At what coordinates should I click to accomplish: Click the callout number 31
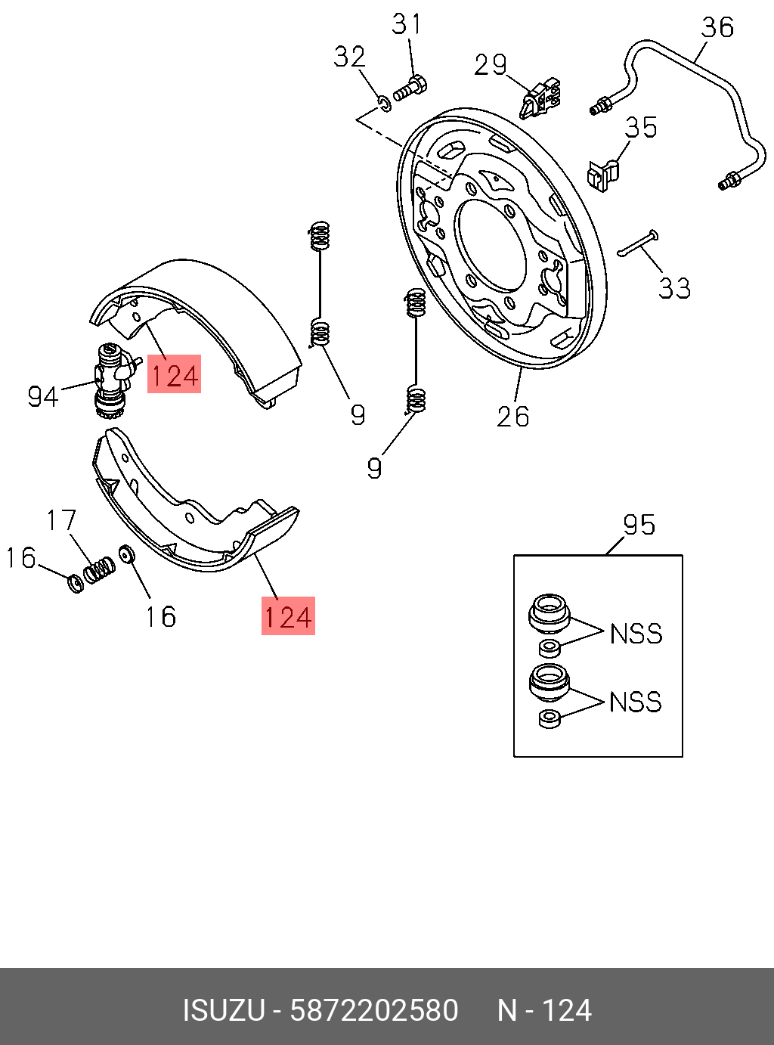pos(407,24)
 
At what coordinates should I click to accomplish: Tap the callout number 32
pos(350,57)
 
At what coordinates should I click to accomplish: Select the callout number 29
pos(491,65)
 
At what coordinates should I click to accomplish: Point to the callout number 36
pos(717,27)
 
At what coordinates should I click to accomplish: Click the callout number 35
pos(641,127)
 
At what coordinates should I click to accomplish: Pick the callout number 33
pos(674,288)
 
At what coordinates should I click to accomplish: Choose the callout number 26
pos(512,416)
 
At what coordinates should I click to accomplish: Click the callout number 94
pos(43,396)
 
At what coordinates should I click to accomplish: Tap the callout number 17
pos(61,520)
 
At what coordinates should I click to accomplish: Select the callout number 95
pos(639,525)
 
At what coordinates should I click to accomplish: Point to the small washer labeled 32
pos(385,103)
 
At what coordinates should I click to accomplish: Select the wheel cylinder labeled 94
pos(111,378)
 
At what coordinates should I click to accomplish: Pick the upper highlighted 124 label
pos(174,374)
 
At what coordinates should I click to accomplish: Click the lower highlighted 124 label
pos(288,616)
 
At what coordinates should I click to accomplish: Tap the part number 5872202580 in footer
pos(374,1010)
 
